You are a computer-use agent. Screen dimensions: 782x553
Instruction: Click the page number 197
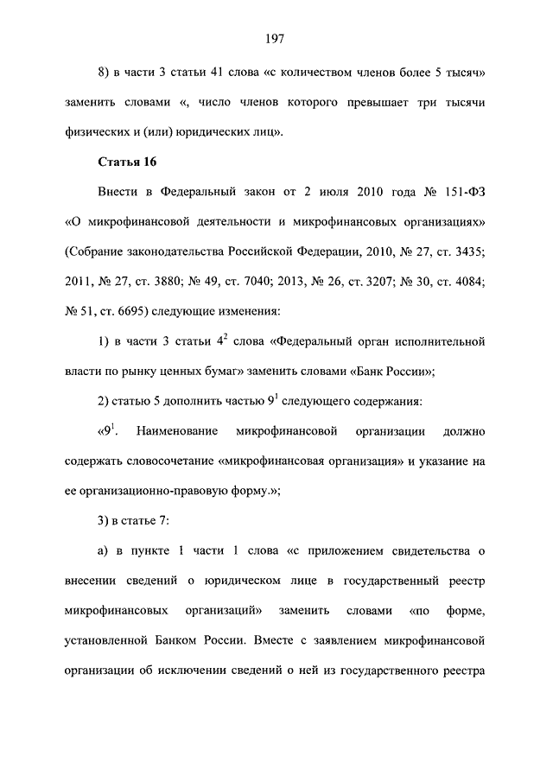pyautogui.click(x=276, y=38)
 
